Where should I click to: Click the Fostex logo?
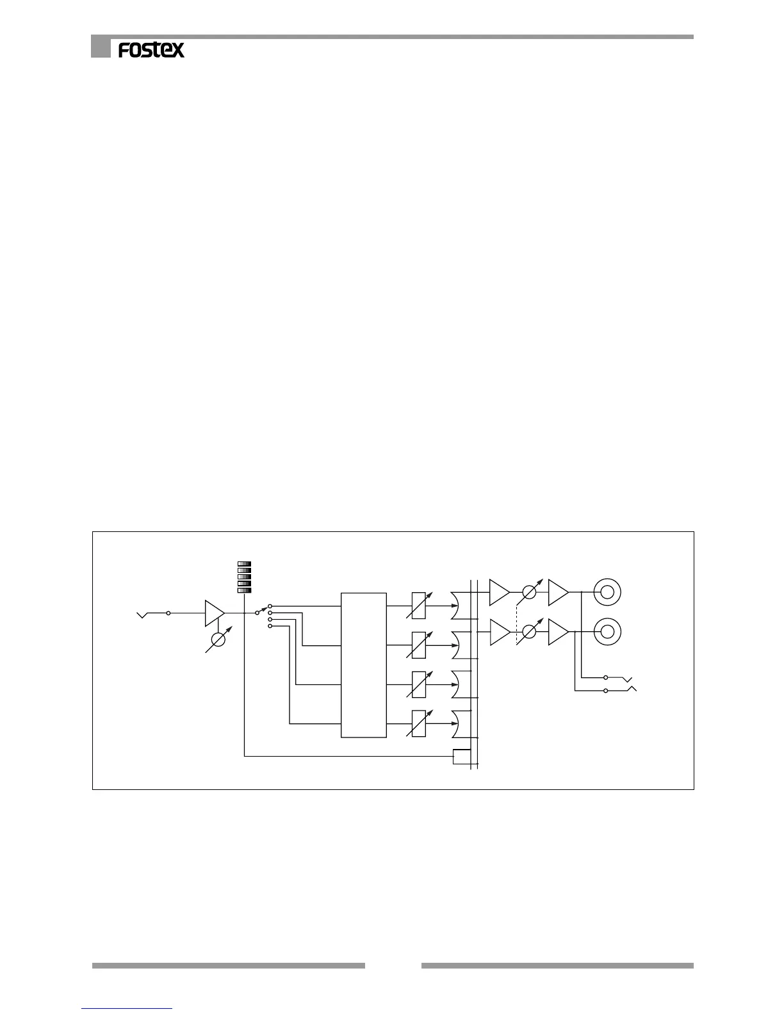151,50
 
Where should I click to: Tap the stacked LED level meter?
244,577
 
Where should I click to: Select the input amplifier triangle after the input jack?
214,613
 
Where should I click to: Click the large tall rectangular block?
364,664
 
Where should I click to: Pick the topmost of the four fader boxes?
418,605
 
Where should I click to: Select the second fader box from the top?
418,645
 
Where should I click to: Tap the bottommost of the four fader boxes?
418,723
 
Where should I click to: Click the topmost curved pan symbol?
461,605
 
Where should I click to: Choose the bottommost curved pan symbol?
461,723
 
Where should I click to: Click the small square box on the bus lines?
461,756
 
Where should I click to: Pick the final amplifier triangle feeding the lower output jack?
557,632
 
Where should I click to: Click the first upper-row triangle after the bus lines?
498,591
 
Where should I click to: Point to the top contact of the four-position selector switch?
270,606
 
